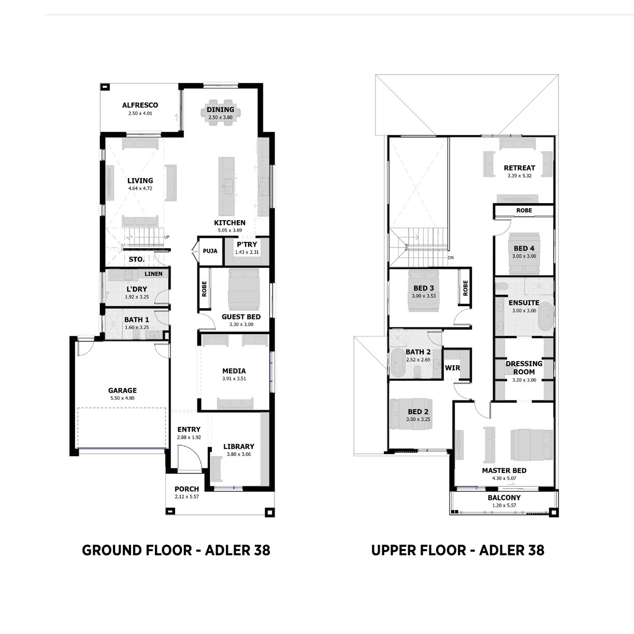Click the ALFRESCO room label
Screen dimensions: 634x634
click(x=140, y=105)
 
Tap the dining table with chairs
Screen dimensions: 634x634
click(x=221, y=112)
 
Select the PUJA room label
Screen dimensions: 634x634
click(x=210, y=251)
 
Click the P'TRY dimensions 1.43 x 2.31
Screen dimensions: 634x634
click(x=247, y=252)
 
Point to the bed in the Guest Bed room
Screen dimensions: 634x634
click(x=244, y=290)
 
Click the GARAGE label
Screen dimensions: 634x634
click(x=122, y=391)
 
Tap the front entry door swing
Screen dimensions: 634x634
click(x=190, y=458)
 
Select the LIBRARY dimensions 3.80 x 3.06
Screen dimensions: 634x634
click(x=239, y=454)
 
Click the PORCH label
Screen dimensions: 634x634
click(x=186, y=489)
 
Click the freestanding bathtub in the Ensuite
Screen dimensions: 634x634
click(x=546, y=316)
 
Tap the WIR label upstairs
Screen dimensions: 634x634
click(x=452, y=368)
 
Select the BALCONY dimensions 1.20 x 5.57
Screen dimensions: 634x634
click(x=504, y=506)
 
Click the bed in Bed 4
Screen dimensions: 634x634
click(x=524, y=254)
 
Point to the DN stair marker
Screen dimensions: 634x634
click(x=451, y=257)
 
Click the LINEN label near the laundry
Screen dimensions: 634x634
click(x=153, y=273)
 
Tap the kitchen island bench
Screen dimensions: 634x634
click(x=227, y=186)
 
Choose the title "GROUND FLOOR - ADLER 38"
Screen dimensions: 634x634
click(x=176, y=550)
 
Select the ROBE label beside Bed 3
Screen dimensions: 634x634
click(x=465, y=288)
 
